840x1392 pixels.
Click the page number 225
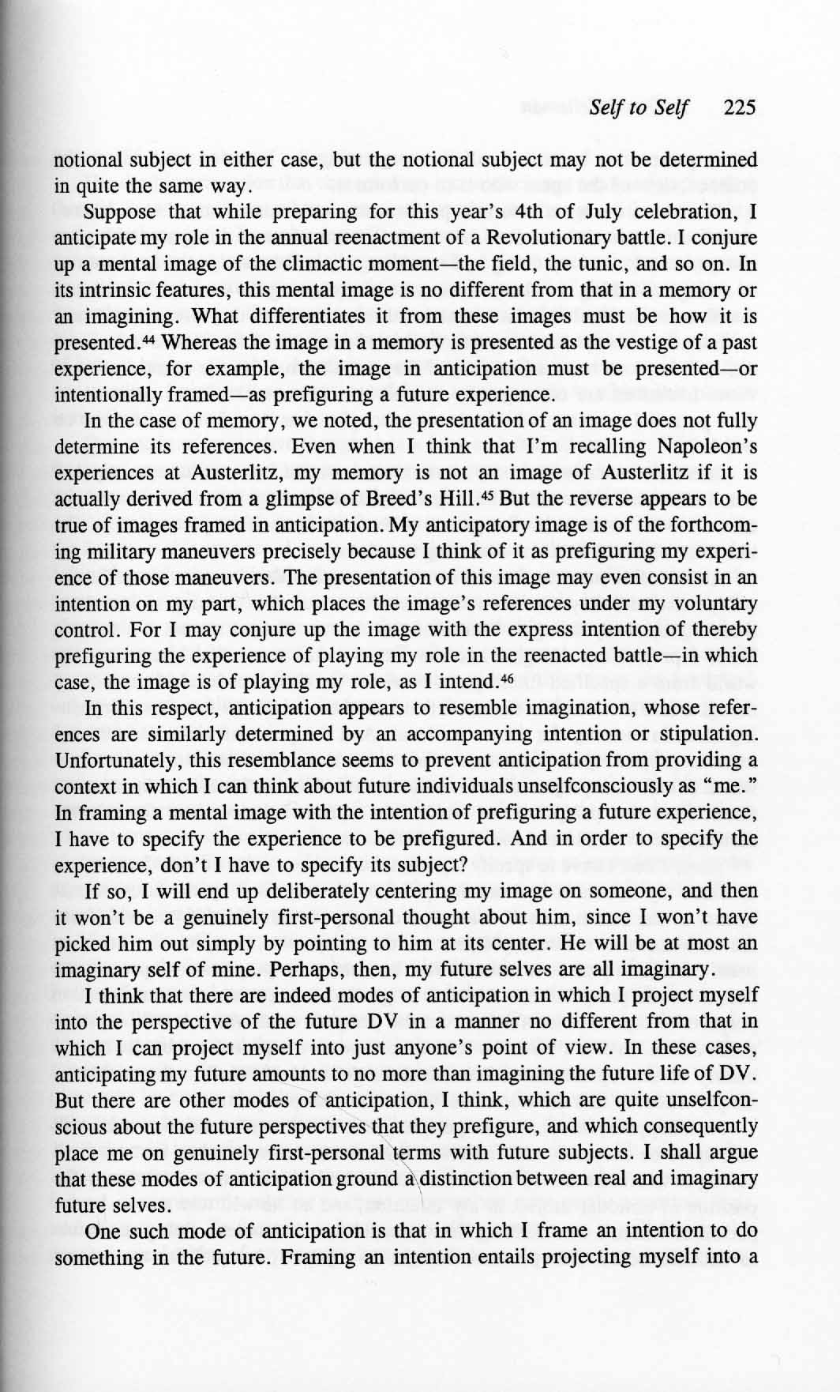tap(740, 108)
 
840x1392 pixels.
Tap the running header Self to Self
tap(638, 108)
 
